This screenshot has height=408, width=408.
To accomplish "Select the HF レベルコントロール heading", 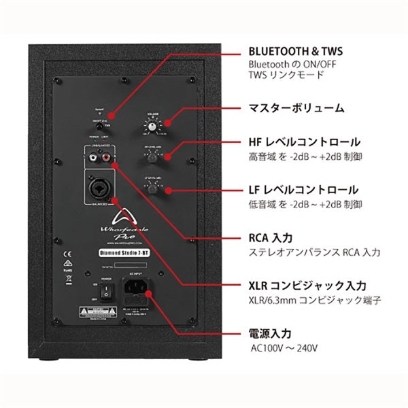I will [302, 143].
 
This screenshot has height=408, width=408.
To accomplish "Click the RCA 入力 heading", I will [269, 239].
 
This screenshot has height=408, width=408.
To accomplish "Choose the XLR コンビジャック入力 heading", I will [307, 286].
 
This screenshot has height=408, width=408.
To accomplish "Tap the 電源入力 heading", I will [269, 334].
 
